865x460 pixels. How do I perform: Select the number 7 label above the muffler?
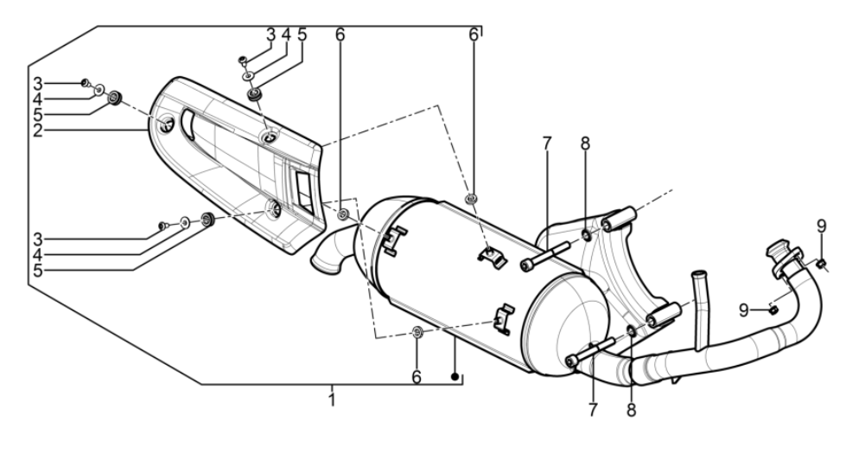[546, 144]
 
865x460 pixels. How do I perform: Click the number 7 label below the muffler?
[592, 410]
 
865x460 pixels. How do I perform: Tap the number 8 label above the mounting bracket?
[585, 144]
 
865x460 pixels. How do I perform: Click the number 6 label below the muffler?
[417, 377]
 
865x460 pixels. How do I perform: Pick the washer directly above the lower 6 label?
[417, 332]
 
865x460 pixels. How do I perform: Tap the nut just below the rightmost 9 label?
[821, 262]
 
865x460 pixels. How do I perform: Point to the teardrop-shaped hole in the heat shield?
[166, 126]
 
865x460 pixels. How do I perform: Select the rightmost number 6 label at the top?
[474, 35]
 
